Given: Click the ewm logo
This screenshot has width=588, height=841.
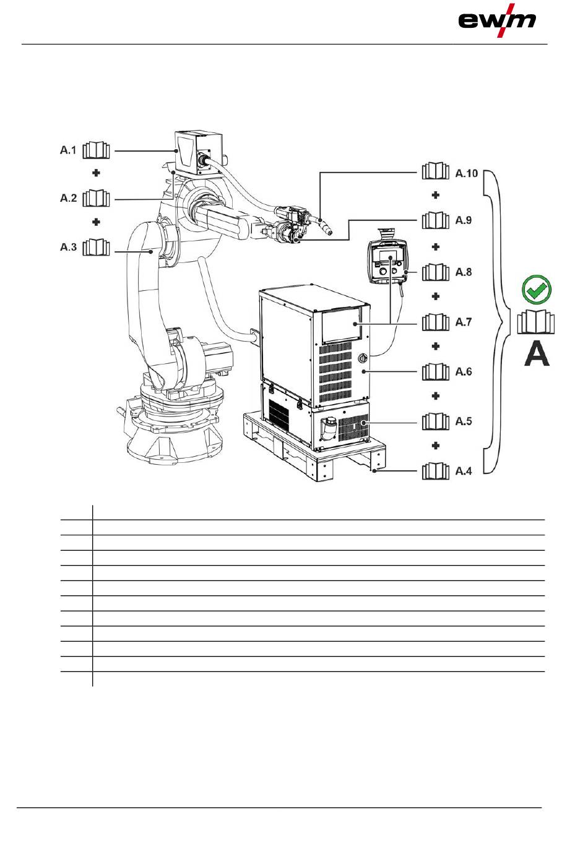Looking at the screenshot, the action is pyautogui.click(x=497, y=20).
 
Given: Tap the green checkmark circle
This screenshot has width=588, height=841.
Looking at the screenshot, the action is pyautogui.click(x=537, y=289).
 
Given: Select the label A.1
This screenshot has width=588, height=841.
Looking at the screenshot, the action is pyautogui.click(x=68, y=150).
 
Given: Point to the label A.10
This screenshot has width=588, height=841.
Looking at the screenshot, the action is pyautogui.click(x=466, y=173).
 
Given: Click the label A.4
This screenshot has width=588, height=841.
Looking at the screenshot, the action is pyautogui.click(x=464, y=471).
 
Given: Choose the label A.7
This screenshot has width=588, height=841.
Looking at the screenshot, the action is pyautogui.click(x=464, y=322).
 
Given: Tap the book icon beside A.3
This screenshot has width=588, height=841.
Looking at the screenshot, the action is pyautogui.click(x=96, y=247).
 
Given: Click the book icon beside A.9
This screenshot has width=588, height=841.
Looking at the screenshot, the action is pyautogui.click(x=436, y=220).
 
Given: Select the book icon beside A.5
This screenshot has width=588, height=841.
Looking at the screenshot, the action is pyautogui.click(x=436, y=421).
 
